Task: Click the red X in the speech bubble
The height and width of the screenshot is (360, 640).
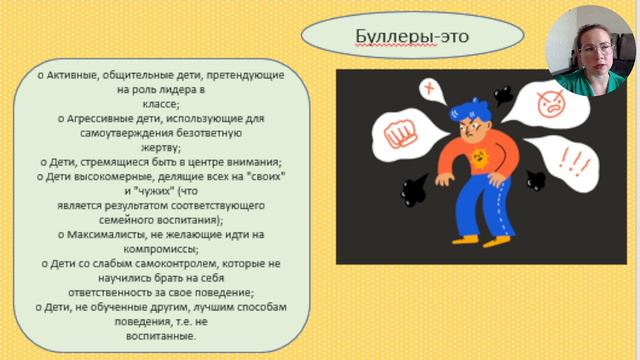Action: (x=431, y=93)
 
